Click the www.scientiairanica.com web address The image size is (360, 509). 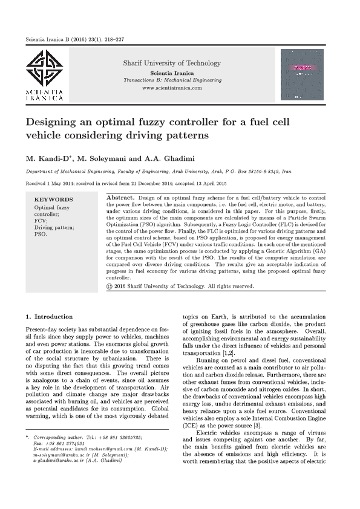[172, 88]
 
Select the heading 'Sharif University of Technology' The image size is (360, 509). [172, 63]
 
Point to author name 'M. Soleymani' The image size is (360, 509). [110, 159]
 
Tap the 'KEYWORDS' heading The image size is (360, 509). [53, 199]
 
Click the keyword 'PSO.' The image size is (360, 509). [40, 233]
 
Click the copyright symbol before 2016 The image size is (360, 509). [109, 286]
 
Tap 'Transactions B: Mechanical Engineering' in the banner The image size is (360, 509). [172, 80]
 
